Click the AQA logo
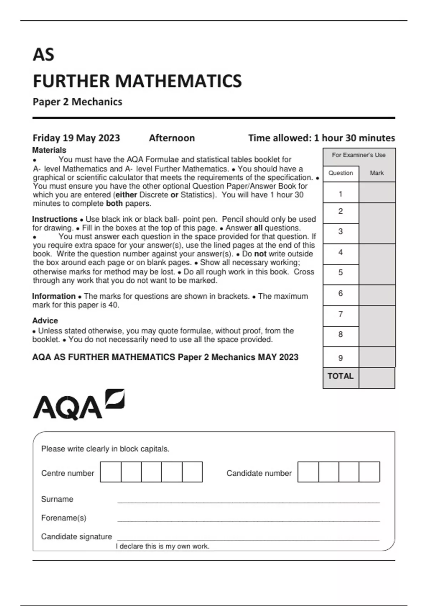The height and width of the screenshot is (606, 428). (x=78, y=405)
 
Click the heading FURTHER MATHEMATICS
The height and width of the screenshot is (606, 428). (x=137, y=81)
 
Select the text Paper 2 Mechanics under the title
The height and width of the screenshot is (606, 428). (x=77, y=102)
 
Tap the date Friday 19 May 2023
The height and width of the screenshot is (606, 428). (x=76, y=138)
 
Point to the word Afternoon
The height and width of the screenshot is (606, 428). (x=172, y=138)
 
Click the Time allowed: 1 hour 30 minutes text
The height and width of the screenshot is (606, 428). (x=321, y=138)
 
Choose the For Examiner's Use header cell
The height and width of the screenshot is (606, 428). (x=359, y=155)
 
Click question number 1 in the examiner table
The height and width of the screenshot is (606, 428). (x=341, y=194)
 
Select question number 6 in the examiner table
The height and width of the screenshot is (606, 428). (x=341, y=293)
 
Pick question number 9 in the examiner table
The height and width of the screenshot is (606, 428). (x=341, y=358)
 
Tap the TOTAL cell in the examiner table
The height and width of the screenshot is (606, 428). (x=341, y=376)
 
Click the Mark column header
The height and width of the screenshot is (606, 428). (x=377, y=173)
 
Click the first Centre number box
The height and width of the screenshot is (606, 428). (x=111, y=472)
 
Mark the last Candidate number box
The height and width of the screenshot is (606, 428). (x=369, y=472)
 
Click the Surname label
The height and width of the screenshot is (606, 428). (x=57, y=499)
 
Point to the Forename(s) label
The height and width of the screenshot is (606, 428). (x=63, y=518)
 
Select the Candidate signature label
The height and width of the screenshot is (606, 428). (x=76, y=536)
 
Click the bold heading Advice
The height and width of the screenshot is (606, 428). (x=45, y=320)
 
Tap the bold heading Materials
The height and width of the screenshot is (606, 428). (x=49, y=150)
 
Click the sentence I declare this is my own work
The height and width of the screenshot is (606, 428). (x=163, y=546)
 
